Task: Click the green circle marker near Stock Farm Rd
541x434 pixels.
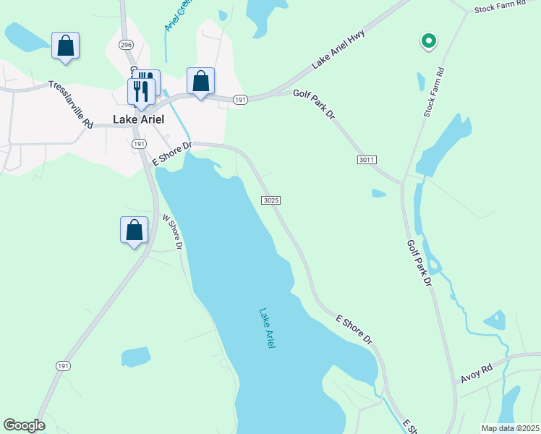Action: point(428,41)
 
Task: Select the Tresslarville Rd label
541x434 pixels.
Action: point(71,104)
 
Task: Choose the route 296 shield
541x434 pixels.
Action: point(127,45)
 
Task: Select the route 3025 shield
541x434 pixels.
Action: point(270,200)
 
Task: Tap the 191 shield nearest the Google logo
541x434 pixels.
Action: point(63,366)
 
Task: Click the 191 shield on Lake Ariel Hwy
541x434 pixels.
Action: point(241,99)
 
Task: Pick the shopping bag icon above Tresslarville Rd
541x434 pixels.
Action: point(66,46)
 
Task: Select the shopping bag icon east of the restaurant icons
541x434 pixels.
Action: point(200,81)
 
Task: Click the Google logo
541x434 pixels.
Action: point(24,425)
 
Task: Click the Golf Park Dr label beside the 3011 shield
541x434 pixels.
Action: point(315,103)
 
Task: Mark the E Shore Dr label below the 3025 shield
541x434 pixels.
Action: point(354,329)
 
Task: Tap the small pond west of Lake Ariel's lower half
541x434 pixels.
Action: point(135,356)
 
